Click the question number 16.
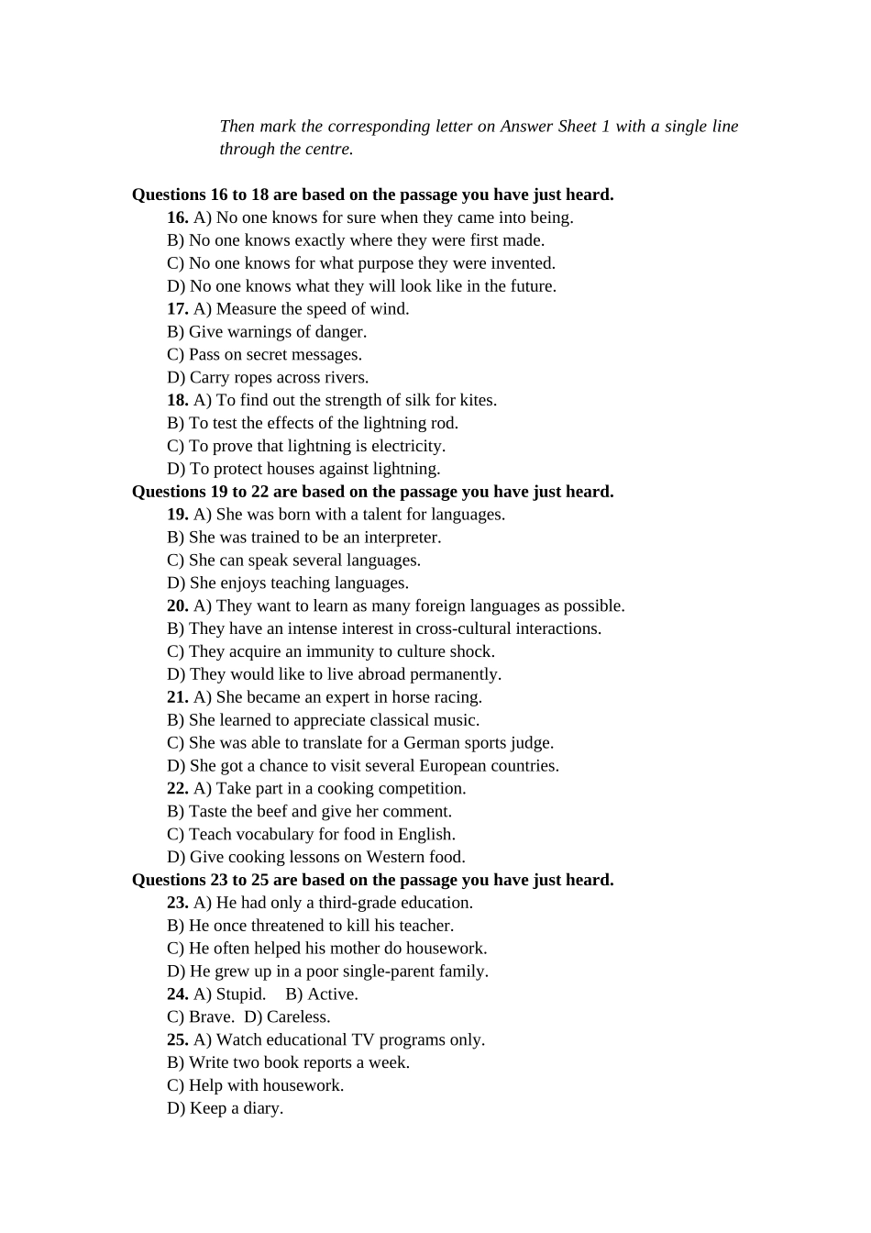[x=177, y=217]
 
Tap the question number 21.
[x=177, y=697]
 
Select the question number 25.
[x=177, y=1039]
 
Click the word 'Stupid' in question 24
[x=240, y=994]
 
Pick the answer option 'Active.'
[x=322, y=994]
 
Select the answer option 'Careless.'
[x=288, y=1017]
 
